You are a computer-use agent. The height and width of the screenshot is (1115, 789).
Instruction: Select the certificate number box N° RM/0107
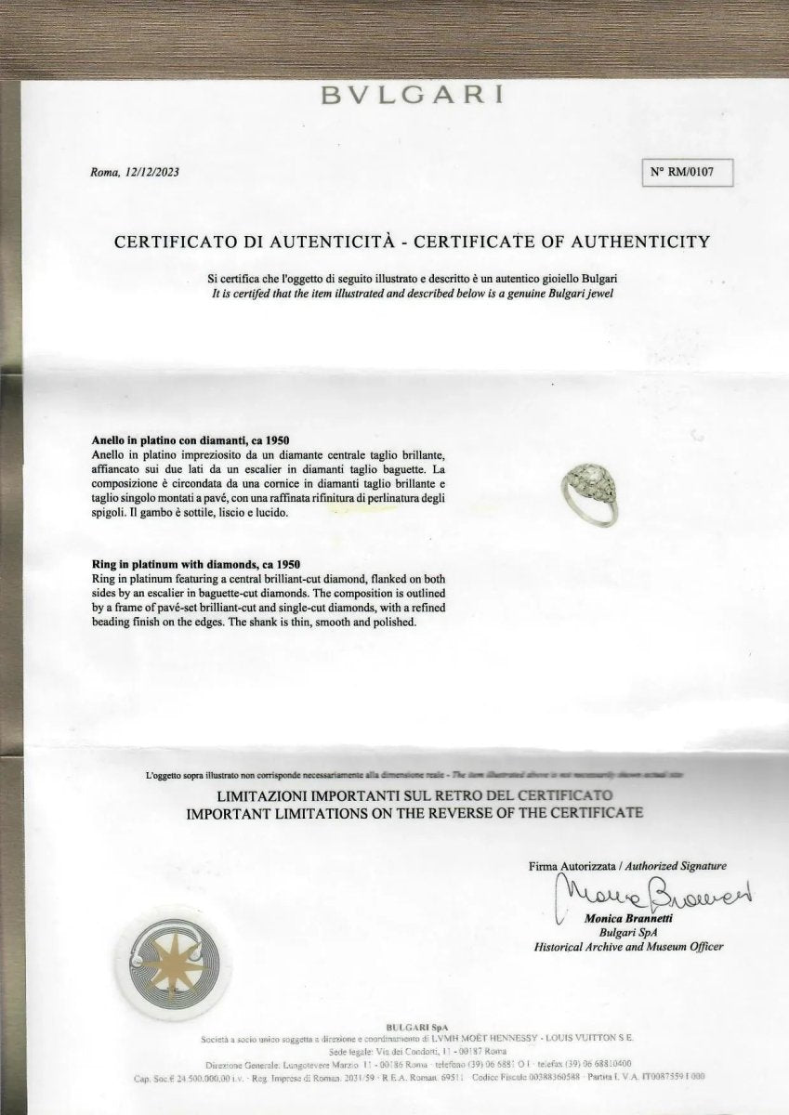(688, 172)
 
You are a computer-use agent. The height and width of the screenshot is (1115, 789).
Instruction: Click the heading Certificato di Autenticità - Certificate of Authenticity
(412, 242)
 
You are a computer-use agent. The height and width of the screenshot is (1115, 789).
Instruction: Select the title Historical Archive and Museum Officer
(628, 947)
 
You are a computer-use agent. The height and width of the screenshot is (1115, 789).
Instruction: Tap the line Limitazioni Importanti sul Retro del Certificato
(414, 796)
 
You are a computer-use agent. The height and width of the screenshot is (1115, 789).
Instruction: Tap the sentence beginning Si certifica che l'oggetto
(414, 279)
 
